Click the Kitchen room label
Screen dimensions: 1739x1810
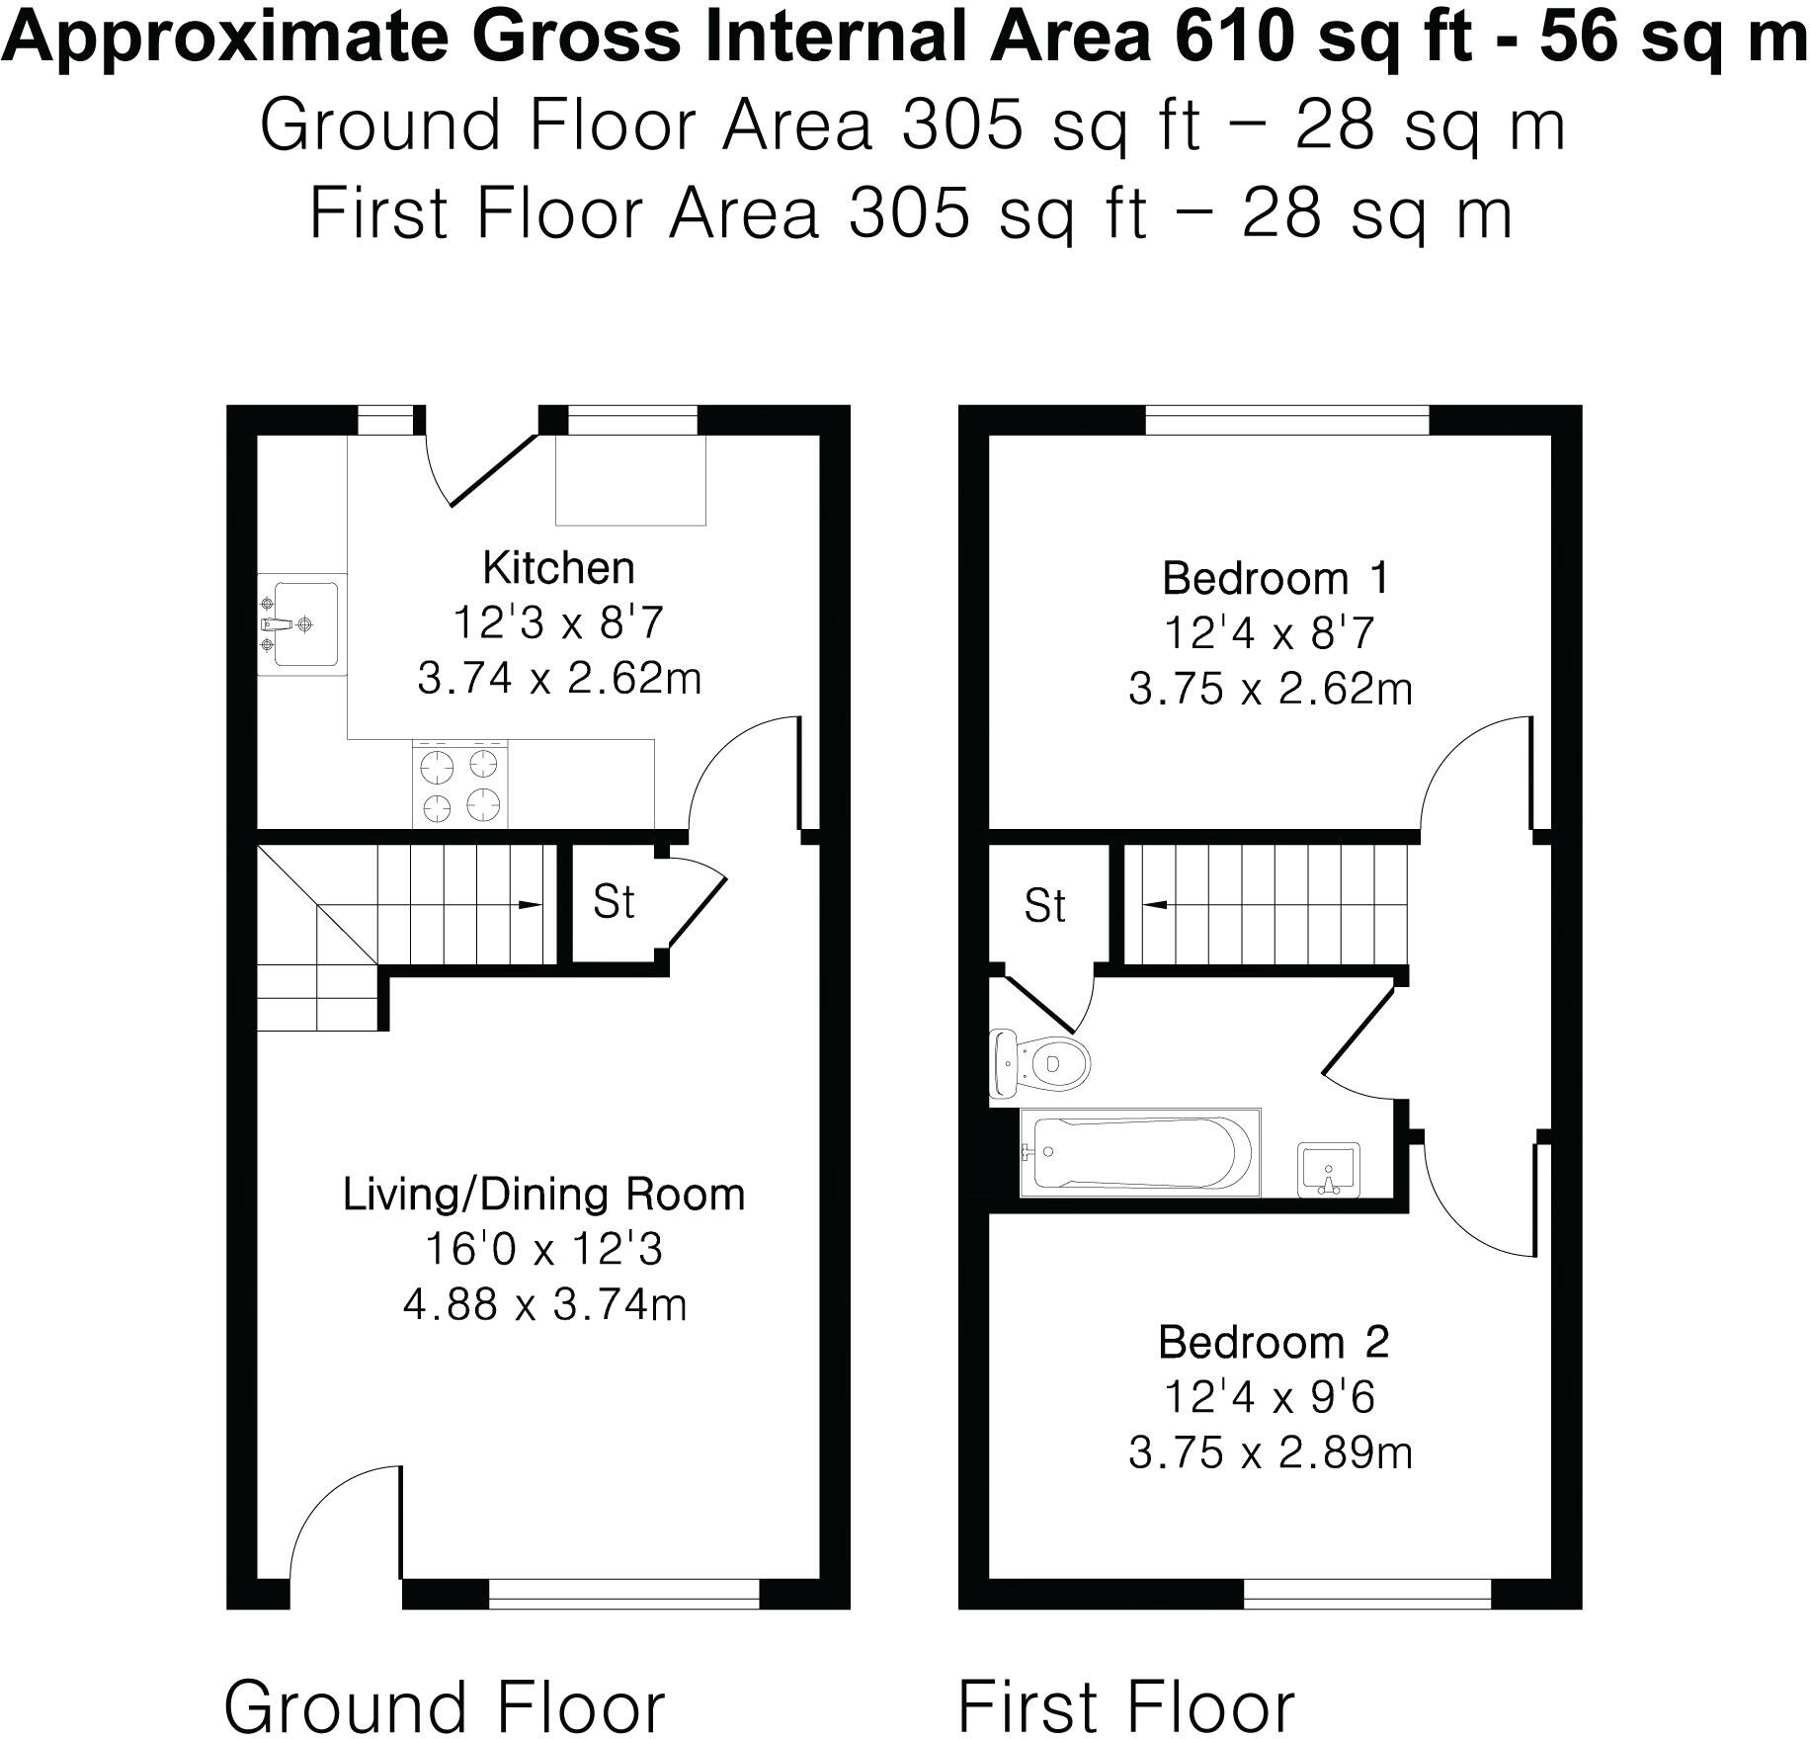(x=558, y=568)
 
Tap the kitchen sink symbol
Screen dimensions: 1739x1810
(x=301, y=624)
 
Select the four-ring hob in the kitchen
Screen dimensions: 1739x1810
(x=459, y=787)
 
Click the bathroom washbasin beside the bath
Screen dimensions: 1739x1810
(x=1330, y=1170)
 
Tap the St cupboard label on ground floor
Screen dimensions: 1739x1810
(x=613, y=902)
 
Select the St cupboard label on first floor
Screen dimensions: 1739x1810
(x=1044, y=906)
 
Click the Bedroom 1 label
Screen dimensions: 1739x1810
(x=1275, y=578)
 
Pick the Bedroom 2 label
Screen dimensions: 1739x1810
(x=1274, y=1342)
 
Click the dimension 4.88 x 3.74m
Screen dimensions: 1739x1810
(x=544, y=1305)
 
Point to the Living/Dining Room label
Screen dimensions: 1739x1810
(x=543, y=1195)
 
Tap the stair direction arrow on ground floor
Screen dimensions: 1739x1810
(x=529, y=904)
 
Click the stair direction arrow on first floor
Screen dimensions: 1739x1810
(x=1154, y=904)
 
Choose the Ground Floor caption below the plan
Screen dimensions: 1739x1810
(x=445, y=1703)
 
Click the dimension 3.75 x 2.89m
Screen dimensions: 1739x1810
(x=1271, y=1453)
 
